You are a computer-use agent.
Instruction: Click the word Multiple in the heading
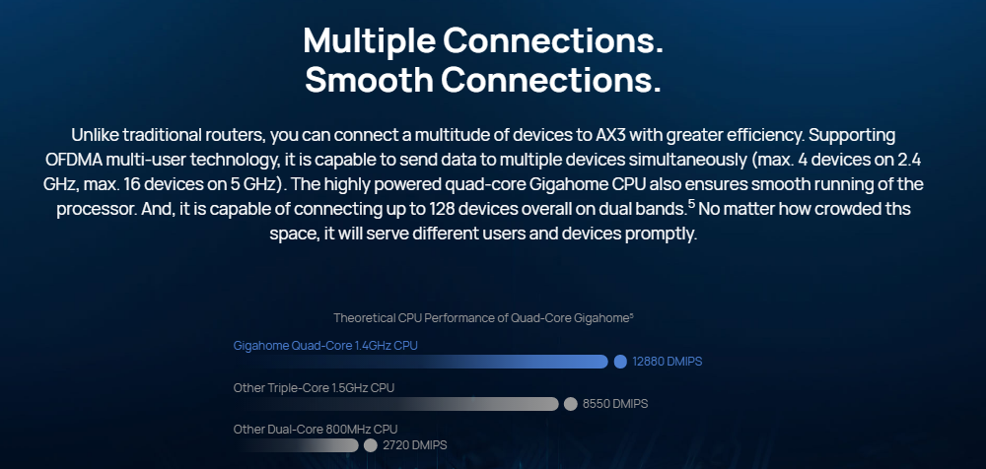click(369, 40)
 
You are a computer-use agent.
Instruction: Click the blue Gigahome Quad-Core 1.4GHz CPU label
click(325, 346)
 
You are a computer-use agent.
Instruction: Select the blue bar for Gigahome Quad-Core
click(420, 362)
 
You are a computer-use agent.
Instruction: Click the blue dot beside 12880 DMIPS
click(620, 362)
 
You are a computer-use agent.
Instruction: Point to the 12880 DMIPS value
click(668, 362)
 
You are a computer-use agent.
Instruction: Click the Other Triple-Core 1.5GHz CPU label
click(314, 388)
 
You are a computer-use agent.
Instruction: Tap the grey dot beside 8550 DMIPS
click(570, 404)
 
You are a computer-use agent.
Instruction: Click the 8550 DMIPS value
click(615, 404)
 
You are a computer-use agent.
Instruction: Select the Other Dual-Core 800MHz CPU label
click(316, 430)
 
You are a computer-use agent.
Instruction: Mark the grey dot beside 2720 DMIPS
click(371, 445)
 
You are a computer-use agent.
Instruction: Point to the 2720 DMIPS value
click(414, 445)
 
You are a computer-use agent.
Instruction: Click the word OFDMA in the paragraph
click(74, 160)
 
